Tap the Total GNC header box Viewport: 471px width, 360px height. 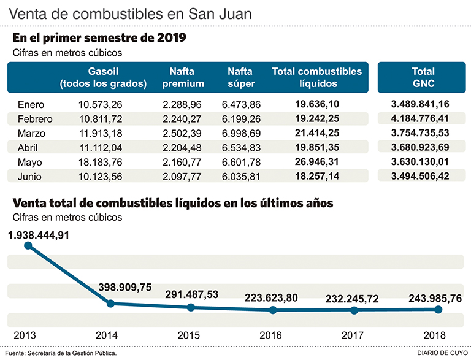[x=423, y=77]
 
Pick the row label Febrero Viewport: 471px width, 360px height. [x=35, y=119]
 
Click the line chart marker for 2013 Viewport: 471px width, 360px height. [x=28, y=246]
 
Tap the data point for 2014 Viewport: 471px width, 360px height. [x=110, y=303]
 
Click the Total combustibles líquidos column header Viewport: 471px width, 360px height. [x=316, y=77]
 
